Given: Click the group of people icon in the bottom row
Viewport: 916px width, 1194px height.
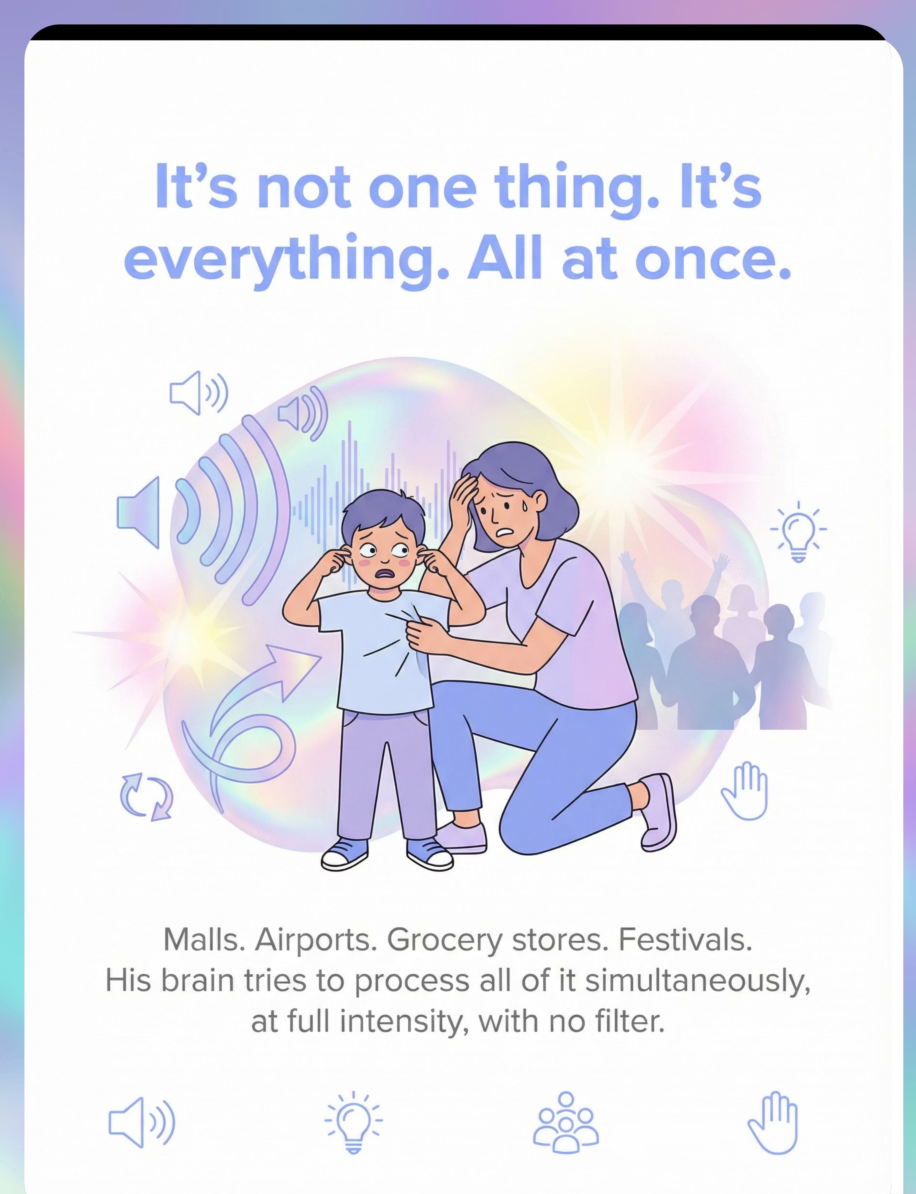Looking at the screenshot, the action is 565,1122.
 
